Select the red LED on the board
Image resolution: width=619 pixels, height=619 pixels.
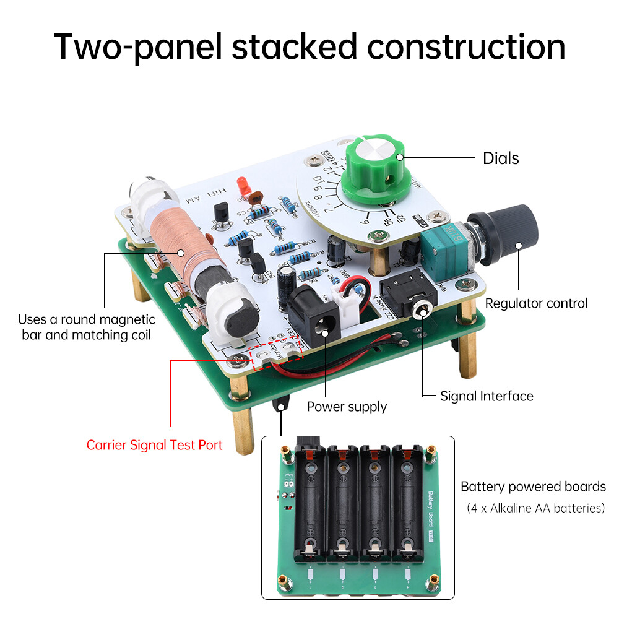coord(242,184)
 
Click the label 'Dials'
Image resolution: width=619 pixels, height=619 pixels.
coord(500,158)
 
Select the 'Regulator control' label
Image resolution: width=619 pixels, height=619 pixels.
coord(536,303)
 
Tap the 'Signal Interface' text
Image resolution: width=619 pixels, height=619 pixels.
coord(487,396)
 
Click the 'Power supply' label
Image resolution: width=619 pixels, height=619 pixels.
coord(347,407)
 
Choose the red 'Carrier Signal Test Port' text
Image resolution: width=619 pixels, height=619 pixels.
coord(154,445)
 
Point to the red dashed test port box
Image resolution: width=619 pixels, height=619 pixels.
coord(275,353)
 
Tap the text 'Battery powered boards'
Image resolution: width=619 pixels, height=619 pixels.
coord(533,487)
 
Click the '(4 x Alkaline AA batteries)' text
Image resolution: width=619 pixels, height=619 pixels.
coord(535,508)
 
